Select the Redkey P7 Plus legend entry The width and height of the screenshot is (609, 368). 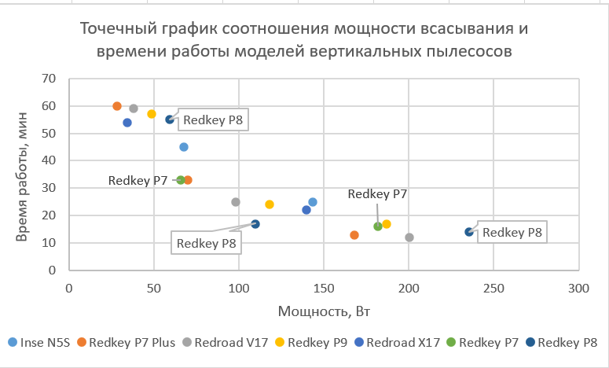tap(122, 343)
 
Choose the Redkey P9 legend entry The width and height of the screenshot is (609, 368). tap(316, 343)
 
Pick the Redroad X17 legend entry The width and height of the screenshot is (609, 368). tap(402, 343)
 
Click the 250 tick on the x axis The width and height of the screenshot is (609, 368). tap(493, 289)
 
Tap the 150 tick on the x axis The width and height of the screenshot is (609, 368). tap(324, 289)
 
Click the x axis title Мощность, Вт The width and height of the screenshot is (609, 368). tap(324, 311)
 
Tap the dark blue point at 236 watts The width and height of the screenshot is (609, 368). tap(469, 232)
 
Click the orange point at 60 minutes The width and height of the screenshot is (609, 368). tap(117, 106)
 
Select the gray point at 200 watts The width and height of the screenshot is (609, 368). tap(409, 237)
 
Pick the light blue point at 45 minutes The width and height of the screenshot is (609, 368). tap(184, 147)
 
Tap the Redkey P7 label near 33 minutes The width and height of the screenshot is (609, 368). tap(138, 180)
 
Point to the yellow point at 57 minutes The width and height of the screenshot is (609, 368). tap(152, 114)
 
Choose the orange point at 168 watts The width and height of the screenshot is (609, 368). tap(354, 235)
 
